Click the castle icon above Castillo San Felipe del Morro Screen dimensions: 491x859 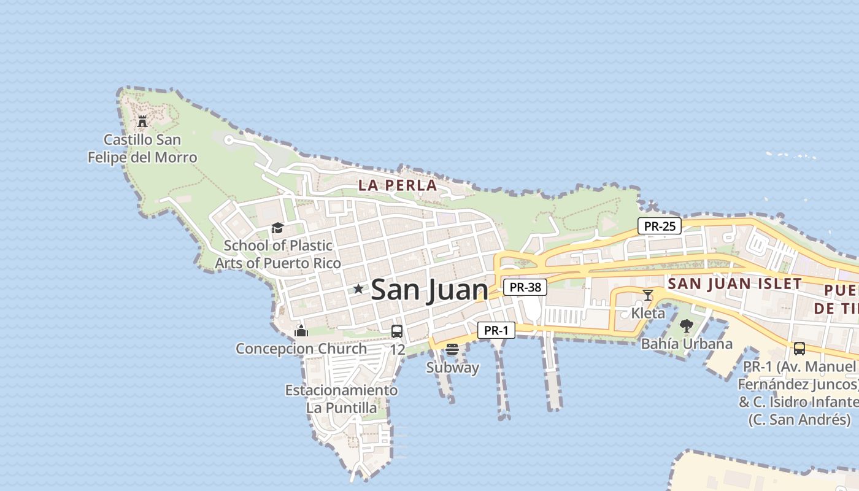tap(142, 121)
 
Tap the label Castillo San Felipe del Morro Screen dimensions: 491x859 tap(142, 149)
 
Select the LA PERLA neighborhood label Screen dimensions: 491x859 tap(398, 185)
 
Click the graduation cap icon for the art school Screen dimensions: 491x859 tap(277, 228)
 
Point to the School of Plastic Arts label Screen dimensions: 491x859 tap(278, 254)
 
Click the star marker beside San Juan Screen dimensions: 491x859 tap(358, 288)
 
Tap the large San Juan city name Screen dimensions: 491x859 tap(429, 290)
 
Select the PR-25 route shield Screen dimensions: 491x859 tap(660, 226)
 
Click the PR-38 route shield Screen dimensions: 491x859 tap(525, 287)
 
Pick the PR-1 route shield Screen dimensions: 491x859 tap(496, 330)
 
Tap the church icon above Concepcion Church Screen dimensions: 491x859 tap(301, 331)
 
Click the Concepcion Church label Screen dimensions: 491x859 tap(301, 349)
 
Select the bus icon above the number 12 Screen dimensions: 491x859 tap(397, 331)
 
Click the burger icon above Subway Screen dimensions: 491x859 tap(452, 350)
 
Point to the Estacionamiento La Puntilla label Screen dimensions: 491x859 tap(341, 398)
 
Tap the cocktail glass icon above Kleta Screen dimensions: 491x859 tap(647, 295)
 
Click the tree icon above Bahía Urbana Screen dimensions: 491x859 tap(687, 326)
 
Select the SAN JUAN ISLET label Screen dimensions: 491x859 tap(734, 284)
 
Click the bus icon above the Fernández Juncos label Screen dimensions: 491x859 tap(799, 349)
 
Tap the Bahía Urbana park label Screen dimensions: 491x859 tap(687, 344)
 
